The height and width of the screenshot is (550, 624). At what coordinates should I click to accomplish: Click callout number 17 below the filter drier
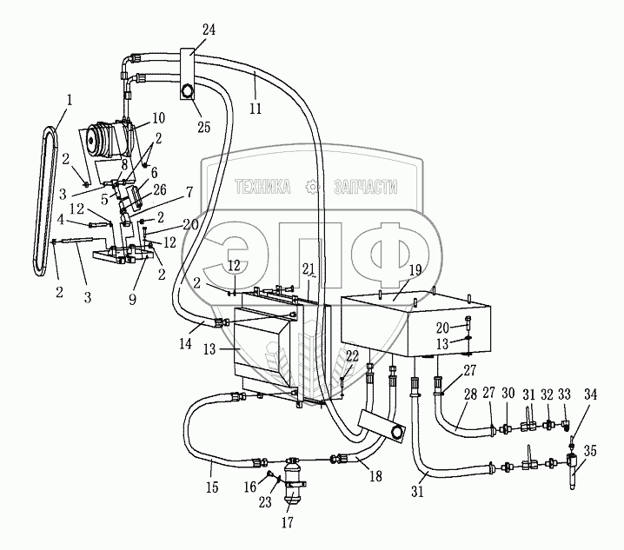point(286,522)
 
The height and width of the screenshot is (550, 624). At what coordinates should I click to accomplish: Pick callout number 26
point(158,190)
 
